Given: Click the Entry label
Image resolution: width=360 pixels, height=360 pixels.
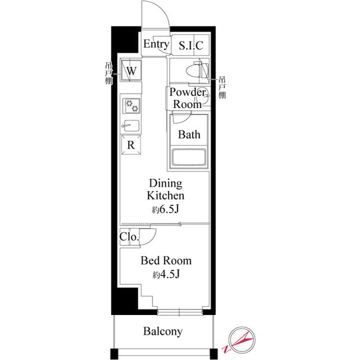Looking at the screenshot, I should [x=156, y=44].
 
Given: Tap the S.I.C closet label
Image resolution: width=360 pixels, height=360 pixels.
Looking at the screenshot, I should [x=191, y=46].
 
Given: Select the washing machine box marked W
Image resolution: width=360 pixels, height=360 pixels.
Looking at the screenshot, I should [x=131, y=71].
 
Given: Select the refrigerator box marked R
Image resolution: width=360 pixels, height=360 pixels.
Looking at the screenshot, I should [x=131, y=145].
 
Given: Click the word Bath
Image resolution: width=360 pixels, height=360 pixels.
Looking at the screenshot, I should [x=189, y=135].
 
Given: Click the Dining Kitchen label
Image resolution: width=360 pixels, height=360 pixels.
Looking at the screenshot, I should [x=165, y=190].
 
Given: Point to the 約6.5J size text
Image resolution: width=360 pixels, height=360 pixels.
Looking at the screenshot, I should [x=165, y=210].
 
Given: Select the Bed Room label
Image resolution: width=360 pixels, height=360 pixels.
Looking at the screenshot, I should [x=166, y=261].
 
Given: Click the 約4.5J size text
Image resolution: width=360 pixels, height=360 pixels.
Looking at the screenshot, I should [x=166, y=275].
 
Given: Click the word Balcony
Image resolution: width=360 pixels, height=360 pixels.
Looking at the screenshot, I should [x=163, y=331].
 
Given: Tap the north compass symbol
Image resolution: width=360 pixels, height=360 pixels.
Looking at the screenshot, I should [x=242, y=340].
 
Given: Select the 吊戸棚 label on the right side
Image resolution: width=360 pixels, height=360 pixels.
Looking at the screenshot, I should [x=222, y=87].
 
